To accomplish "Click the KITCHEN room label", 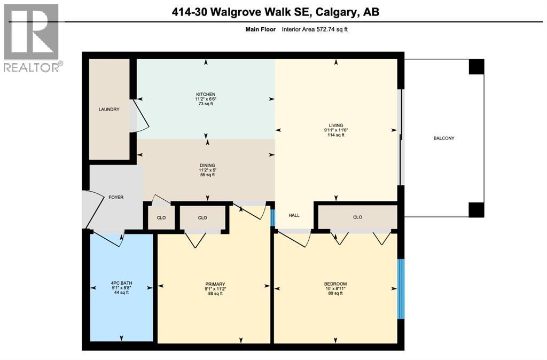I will click(x=206, y=94).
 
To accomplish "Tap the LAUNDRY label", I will click(x=109, y=109).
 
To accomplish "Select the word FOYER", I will click(x=116, y=197).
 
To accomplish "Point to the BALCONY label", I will click(x=443, y=138).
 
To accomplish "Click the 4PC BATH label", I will click(x=121, y=284).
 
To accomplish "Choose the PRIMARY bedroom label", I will click(x=214, y=284).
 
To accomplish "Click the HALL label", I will click(x=294, y=215).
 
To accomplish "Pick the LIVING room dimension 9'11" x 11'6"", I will click(x=336, y=130).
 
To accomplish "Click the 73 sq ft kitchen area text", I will click(x=206, y=104).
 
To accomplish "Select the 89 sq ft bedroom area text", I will click(x=335, y=293).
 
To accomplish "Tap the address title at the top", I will click(x=273, y=12).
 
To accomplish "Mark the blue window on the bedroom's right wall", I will click(x=401, y=289).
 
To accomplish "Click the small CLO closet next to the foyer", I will click(x=161, y=217).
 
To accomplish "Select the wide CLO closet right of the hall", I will click(x=357, y=217).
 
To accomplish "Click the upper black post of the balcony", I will click(x=476, y=66).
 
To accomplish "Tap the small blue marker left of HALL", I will click(x=272, y=217).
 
